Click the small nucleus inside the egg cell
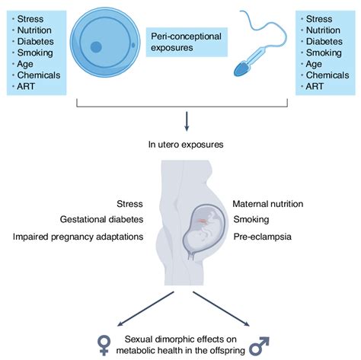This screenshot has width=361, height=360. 96,47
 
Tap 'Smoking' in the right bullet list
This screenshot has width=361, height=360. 324,53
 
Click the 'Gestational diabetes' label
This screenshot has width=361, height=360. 102,220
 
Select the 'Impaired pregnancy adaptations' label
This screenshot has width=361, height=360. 78,237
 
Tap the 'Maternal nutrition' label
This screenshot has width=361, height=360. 268,204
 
